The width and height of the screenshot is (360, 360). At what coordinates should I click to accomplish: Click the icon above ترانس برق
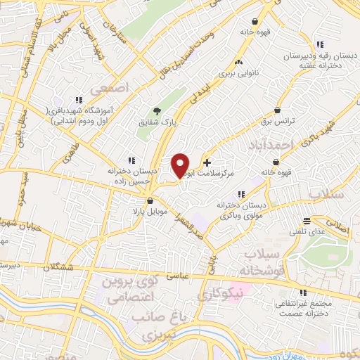pyautogui.click(x=279, y=110)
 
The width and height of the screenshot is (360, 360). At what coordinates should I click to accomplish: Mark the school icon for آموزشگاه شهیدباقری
pyautogui.click(x=79, y=100)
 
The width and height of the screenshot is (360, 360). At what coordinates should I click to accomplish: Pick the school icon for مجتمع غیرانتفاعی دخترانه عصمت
pyautogui.click(x=303, y=292)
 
